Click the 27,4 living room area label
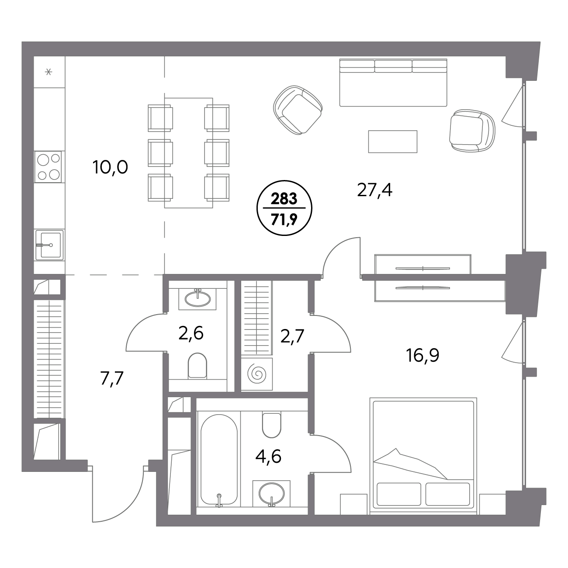(374, 190)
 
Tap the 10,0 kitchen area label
(110, 167)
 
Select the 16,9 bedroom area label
(423, 355)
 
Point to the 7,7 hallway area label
(112, 378)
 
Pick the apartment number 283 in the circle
(284, 199)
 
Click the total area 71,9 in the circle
(284, 219)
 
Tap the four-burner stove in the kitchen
(48, 167)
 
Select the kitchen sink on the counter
(49, 245)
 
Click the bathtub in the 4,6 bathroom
(219, 461)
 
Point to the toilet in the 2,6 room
(197, 366)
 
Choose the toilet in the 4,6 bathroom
(271, 425)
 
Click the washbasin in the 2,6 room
(197, 299)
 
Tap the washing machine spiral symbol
(257, 374)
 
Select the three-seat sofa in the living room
(393, 83)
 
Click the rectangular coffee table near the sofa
(393, 142)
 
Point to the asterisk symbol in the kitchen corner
(49, 72)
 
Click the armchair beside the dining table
(298, 110)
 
